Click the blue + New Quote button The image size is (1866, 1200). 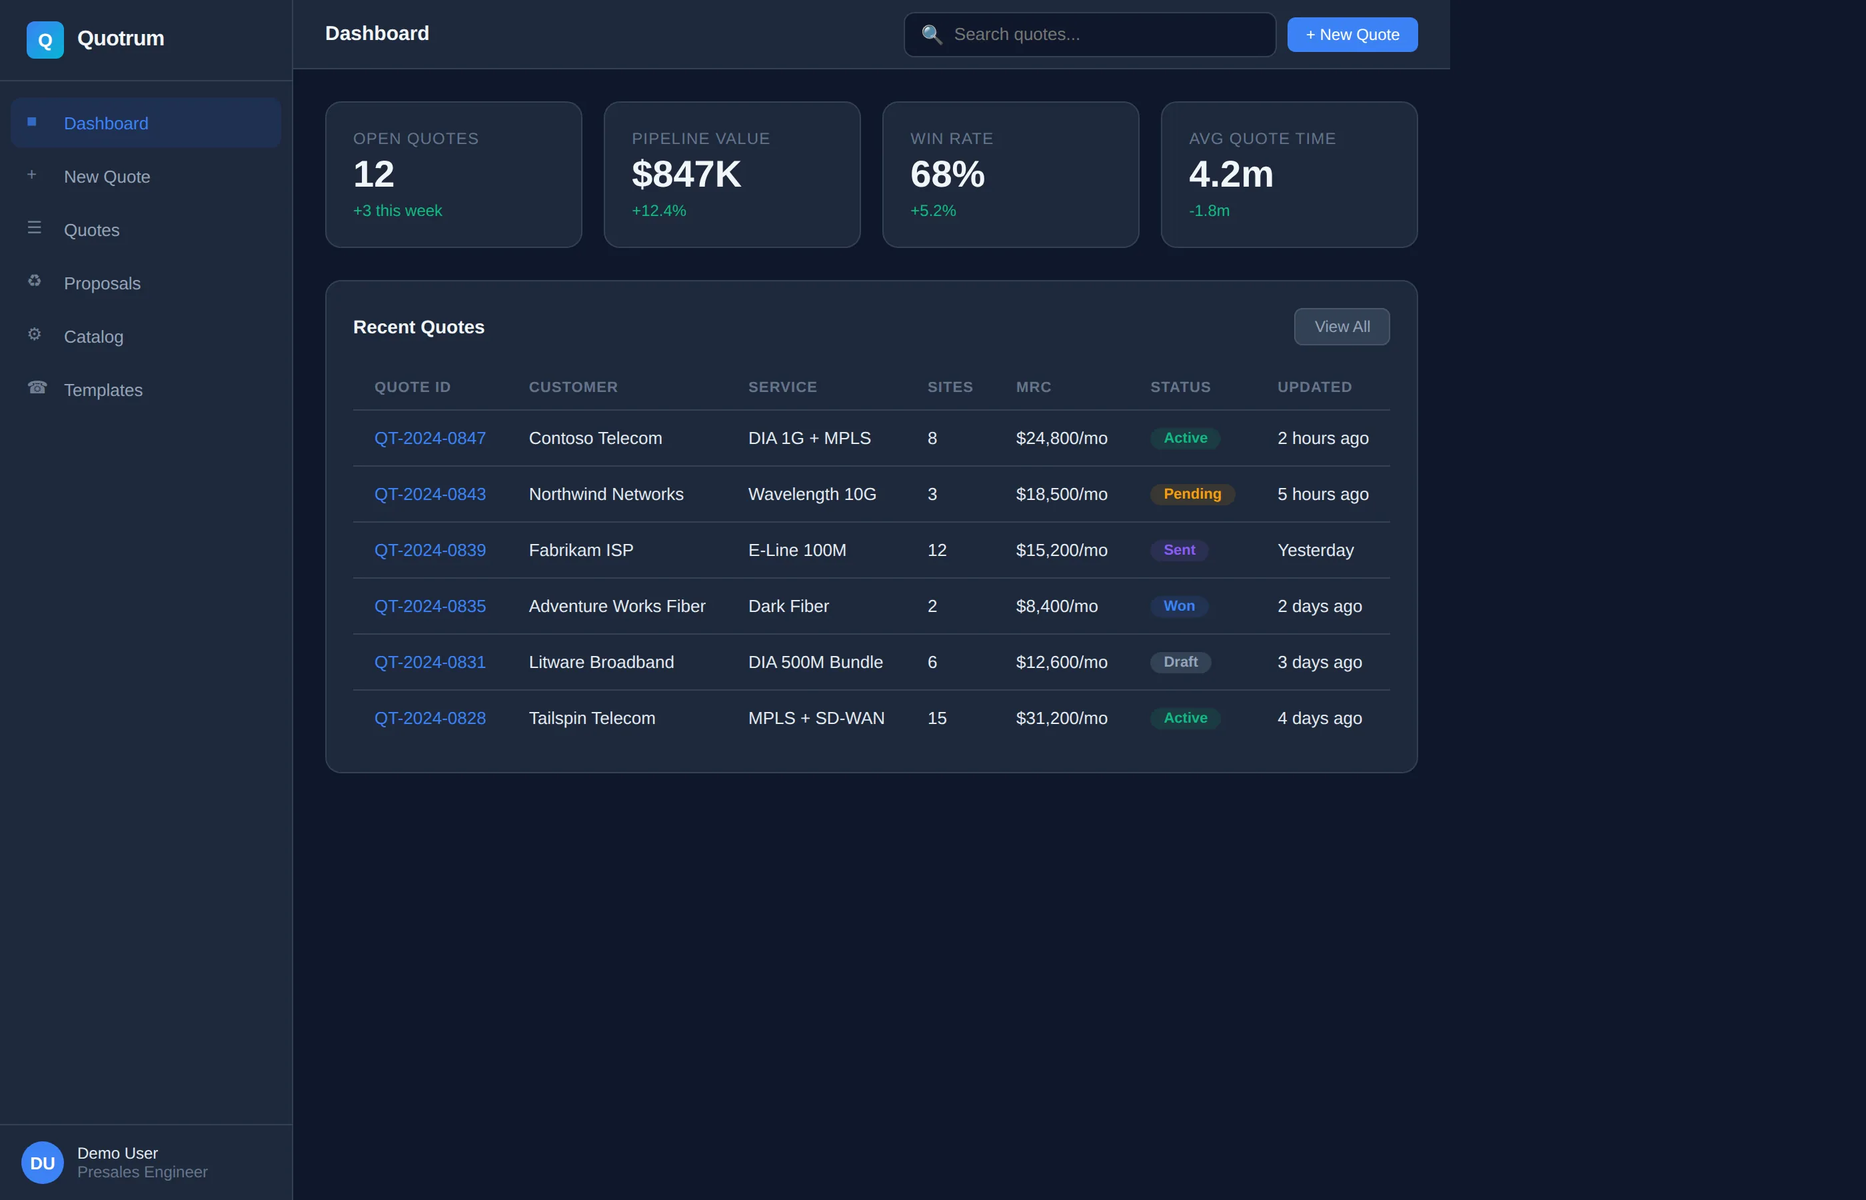(x=1352, y=34)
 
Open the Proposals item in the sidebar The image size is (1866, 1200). (x=102, y=283)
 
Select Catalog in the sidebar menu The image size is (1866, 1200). (x=93, y=337)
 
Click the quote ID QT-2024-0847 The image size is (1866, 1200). (x=430, y=438)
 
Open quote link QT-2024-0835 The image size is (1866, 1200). (x=430, y=606)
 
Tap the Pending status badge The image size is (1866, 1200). (x=1192, y=494)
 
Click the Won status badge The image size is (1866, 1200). (x=1178, y=606)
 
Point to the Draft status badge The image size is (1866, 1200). (x=1180, y=663)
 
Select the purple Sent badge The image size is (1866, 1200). (x=1178, y=550)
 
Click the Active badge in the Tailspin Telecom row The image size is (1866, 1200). (x=1184, y=717)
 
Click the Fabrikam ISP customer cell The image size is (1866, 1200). (x=581, y=550)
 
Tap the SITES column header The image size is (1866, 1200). (x=950, y=387)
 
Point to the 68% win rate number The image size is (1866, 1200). (x=947, y=174)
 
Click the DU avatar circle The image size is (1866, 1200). (x=42, y=1163)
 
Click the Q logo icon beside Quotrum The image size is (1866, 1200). (x=45, y=40)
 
